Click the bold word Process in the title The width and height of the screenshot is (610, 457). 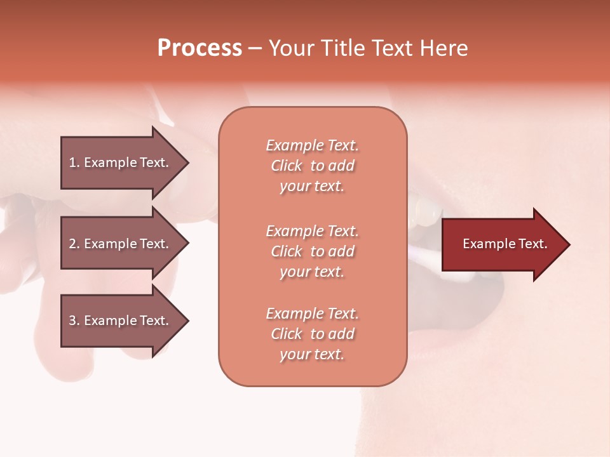(200, 48)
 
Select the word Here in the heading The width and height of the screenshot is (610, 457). (444, 48)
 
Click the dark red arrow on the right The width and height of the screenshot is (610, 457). (502, 244)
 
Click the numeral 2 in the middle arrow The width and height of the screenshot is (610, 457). (72, 244)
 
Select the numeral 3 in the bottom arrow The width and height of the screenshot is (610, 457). (72, 321)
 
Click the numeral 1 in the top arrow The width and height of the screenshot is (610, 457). (72, 162)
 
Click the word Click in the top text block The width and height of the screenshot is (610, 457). (287, 166)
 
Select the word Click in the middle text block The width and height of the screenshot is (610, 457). (287, 251)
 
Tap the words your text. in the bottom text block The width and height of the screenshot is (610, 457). (312, 354)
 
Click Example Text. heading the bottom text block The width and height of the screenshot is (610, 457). (312, 314)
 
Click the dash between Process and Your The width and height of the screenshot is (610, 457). (255, 48)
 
